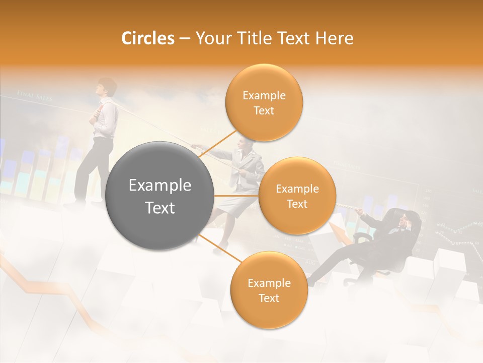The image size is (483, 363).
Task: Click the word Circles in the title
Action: click(x=147, y=38)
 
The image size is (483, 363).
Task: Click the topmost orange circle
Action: click(x=264, y=102)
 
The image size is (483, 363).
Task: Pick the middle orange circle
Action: click(x=297, y=196)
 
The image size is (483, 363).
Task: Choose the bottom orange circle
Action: click(x=269, y=290)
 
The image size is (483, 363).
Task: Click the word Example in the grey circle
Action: click(x=160, y=186)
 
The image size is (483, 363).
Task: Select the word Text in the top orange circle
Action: click(x=264, y=111)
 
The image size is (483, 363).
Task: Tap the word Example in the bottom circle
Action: click(x=269, y=283)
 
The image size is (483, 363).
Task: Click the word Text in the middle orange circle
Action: click(x=297, y=204)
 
